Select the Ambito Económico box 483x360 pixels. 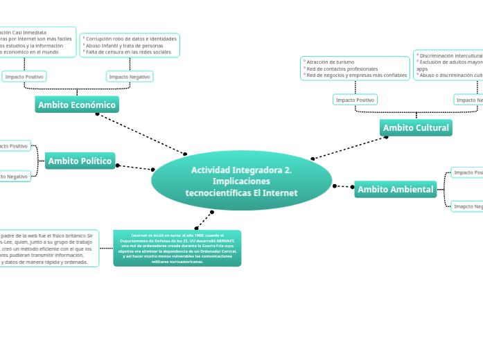[x=77, y=105]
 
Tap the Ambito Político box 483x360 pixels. [x=80, y=161]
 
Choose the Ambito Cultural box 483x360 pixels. [x=416, y=127]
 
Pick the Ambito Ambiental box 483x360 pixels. [x=395, y=189]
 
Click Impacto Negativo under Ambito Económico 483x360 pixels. [x=130, y=77]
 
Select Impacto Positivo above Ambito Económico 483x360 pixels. [x=24, y=77]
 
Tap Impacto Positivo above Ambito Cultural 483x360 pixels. [x=355, y=100]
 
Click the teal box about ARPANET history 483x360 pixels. [x=177, y=249]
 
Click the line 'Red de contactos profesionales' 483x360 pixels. [x=342, y=69]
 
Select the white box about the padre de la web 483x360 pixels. [x=49, y=249]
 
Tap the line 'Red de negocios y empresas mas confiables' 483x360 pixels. [x=356, y=75]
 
